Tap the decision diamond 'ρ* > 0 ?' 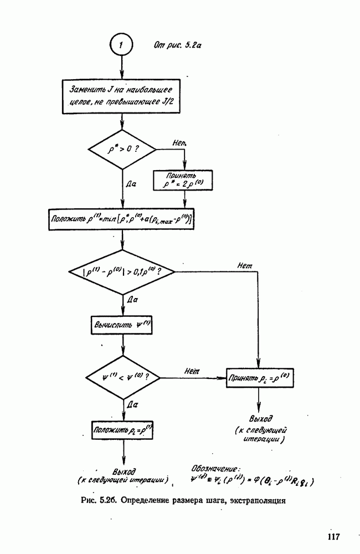[x=122, y=149]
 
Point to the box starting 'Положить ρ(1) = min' [x=121, y=219]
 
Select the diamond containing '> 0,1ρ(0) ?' [x=122, y=273]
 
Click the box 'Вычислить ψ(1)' [x=122, y=325]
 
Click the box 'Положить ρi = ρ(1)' [x=122, y=429]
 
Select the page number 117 [x=333, y=536]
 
